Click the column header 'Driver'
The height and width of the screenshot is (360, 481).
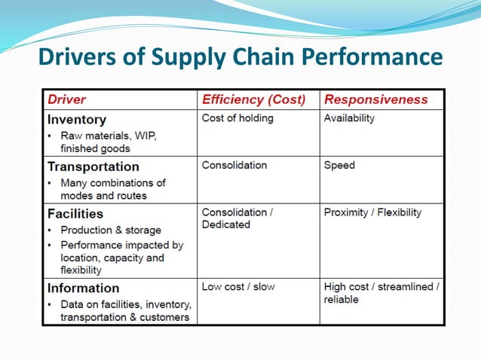[67, 99]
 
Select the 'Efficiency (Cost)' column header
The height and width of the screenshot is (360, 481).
[253, 99]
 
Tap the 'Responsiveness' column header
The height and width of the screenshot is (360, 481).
[375, 99]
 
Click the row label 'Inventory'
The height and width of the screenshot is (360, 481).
[77, 119]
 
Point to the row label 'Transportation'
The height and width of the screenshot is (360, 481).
[93, 166]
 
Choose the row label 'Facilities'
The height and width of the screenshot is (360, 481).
[75, 214]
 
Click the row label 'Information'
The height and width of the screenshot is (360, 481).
[84, 288]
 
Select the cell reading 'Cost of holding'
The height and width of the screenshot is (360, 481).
[237, 118]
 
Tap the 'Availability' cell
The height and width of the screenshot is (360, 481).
[349, 118]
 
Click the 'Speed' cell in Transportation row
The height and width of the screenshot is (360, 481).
[339, 165]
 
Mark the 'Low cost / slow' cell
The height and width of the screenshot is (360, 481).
[238, 287]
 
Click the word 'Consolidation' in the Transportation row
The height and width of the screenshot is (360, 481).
[234, 165]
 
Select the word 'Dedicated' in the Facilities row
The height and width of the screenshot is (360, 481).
[226, 225]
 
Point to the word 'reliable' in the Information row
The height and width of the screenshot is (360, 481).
[342, 300]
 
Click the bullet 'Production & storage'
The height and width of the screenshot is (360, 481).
[110, 230]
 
